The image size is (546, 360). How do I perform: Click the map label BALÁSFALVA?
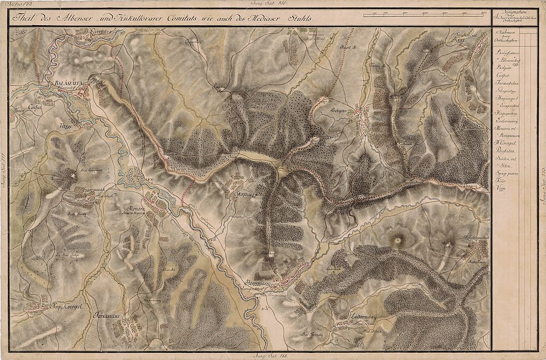click(68, 83)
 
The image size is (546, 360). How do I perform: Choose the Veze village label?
click(67, 126)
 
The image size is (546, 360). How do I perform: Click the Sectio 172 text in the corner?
click(19, 5)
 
